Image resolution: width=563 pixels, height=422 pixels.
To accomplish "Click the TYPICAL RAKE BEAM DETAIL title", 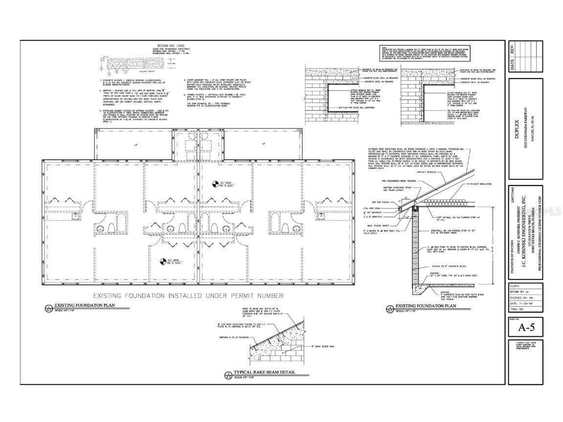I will [264, 372].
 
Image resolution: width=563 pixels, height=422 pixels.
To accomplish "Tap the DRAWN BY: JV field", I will [519, 291].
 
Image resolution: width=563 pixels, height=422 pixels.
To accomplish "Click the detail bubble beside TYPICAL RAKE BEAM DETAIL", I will [228, 375].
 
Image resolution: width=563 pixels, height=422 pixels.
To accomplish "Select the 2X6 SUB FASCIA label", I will [383, 202].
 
